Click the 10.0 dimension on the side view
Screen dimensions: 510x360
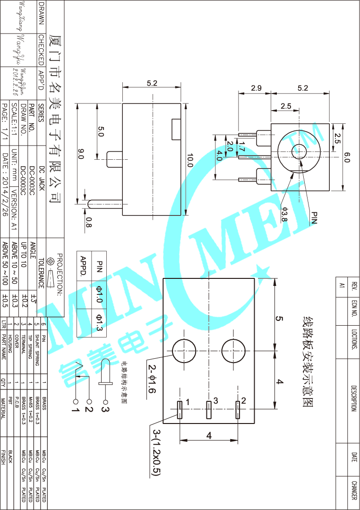(190, 160)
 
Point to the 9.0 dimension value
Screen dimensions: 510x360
(80, 154)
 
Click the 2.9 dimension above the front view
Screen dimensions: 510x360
(257, 88)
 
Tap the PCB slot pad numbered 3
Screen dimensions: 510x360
(208, 410)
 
